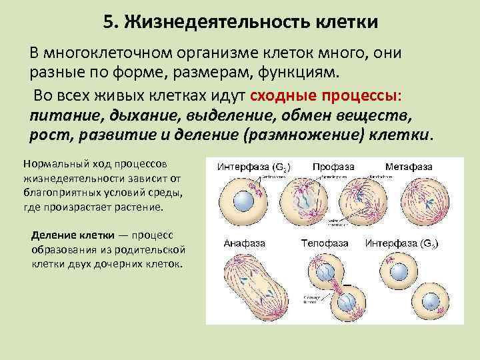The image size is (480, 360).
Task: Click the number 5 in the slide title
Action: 109,23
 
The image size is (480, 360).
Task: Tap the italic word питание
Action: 62,115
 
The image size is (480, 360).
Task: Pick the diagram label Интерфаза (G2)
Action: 249,166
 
